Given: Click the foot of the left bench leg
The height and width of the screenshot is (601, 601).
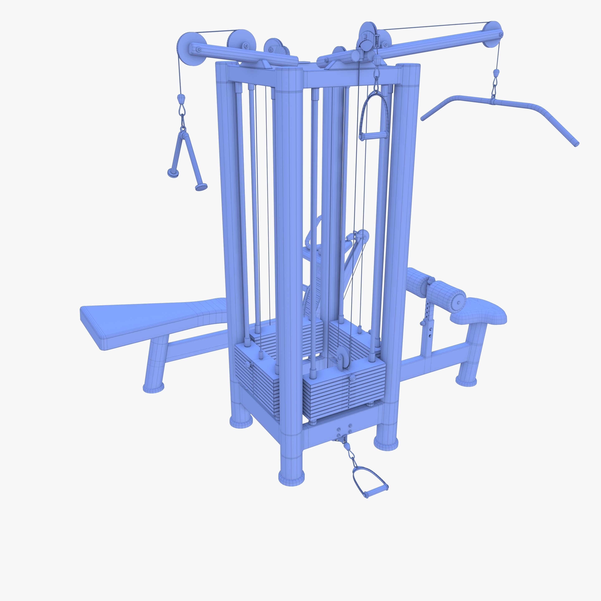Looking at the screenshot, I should (153, 387).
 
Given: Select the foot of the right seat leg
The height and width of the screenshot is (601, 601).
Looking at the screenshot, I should (466, 381).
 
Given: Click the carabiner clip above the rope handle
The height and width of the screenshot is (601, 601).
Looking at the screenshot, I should (182, 109).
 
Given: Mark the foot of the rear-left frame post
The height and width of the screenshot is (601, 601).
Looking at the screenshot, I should (241, 422).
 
